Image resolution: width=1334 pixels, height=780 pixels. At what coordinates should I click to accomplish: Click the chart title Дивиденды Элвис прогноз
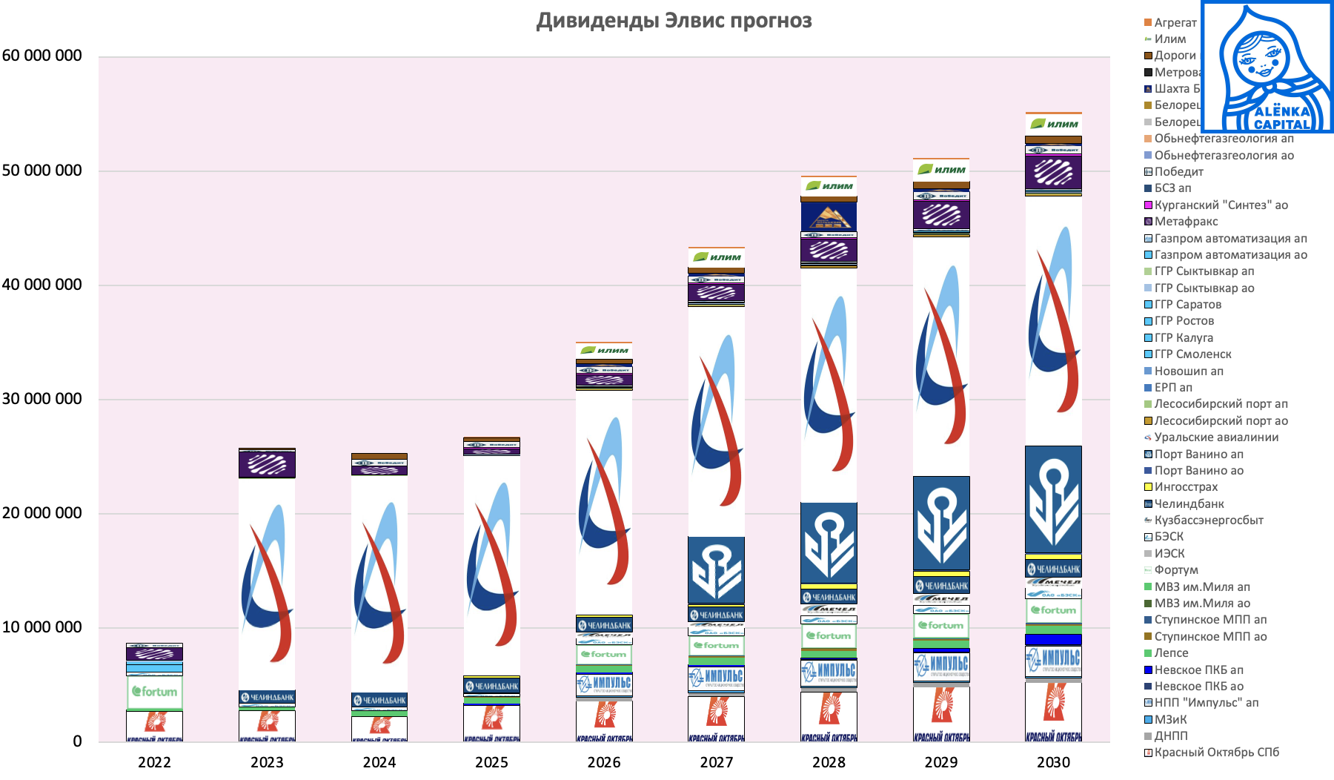pos(674,21)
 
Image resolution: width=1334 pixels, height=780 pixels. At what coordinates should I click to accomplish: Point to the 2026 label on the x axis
pos(603,762)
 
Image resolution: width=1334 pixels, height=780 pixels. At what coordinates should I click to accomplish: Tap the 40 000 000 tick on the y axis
pos(42,285)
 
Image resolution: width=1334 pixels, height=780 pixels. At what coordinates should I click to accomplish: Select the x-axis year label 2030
pos(1053,762)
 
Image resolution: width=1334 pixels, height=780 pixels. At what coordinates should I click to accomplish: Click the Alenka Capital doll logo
pos(1267,67)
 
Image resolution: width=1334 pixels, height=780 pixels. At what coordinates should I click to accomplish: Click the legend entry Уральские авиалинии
pos(1215,437)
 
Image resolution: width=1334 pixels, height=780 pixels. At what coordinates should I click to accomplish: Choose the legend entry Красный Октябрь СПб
pos(1216,753)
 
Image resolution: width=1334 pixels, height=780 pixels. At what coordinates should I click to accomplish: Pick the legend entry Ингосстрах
pos(1186,487)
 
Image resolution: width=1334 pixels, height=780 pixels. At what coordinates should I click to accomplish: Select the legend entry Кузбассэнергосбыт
pos(1208,520)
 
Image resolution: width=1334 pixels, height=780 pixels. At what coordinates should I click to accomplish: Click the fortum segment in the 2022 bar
pos(154,692)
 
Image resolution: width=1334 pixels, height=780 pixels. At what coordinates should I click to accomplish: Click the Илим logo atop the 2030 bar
pos(1053,124)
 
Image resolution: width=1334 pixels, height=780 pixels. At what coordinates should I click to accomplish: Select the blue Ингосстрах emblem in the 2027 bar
pos(716,569)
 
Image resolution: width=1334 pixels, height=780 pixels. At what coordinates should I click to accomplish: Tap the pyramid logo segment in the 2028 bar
pos(829,217)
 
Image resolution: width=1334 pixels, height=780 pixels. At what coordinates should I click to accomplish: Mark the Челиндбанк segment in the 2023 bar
pos(267,697)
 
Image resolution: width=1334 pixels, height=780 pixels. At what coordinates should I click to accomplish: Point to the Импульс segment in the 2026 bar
pos(604,683)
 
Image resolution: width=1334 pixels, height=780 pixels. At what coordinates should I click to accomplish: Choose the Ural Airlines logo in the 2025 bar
pos(491,563)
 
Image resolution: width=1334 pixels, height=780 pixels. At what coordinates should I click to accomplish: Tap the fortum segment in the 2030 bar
pos(1053,610)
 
